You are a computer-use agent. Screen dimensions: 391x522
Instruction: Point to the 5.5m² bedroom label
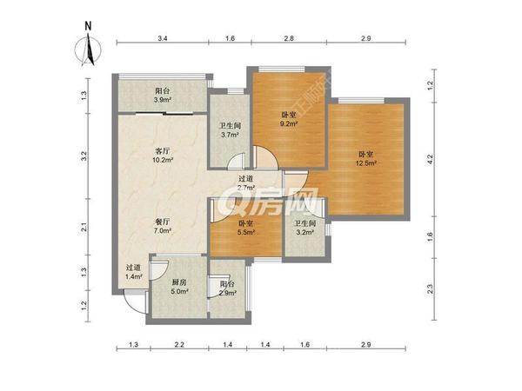[x=247, y=228]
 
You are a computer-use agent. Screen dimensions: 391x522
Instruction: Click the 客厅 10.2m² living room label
[x=162, y=156]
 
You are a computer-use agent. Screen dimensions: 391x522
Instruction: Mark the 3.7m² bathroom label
[x=229, y=129]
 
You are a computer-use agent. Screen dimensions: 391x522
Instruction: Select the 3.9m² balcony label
[x=162, y=96]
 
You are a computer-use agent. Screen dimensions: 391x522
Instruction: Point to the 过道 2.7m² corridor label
[x=245, y=182]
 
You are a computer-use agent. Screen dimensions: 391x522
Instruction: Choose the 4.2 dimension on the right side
[x=430, y=159]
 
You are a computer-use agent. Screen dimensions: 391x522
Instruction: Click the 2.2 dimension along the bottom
[x=178, y=346]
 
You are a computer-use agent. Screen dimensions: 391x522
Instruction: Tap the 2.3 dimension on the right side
[x=430, y=289]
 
